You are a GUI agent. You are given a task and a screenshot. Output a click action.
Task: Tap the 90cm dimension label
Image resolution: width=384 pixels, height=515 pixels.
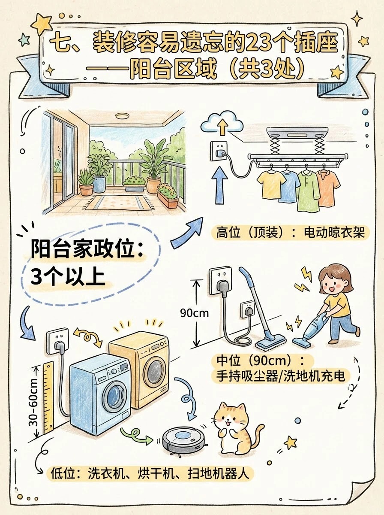click(x=194, y=313)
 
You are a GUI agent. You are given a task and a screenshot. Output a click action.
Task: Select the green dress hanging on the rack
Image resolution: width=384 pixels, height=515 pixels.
click(x=308, y=191)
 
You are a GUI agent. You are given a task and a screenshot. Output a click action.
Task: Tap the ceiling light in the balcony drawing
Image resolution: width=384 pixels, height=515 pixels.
click(x=122, y=116)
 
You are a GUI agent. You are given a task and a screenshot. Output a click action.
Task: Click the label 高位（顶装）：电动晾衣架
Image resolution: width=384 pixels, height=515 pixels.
click(x=290, y=233)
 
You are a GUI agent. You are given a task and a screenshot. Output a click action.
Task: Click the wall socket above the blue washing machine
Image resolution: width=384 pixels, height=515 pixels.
click(x=57, y=341)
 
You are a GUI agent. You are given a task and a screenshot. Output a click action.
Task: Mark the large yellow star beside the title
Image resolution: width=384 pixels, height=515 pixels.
click(x=42, y=24)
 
